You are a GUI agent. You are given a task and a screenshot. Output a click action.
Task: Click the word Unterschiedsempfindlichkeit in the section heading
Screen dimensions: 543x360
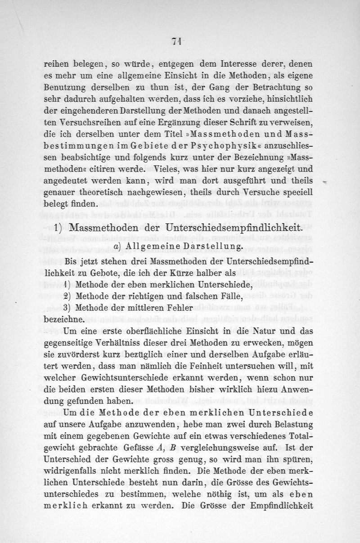[x=239, y=228]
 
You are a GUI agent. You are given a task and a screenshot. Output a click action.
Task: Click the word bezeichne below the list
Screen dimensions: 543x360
[x=64, y=320]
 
